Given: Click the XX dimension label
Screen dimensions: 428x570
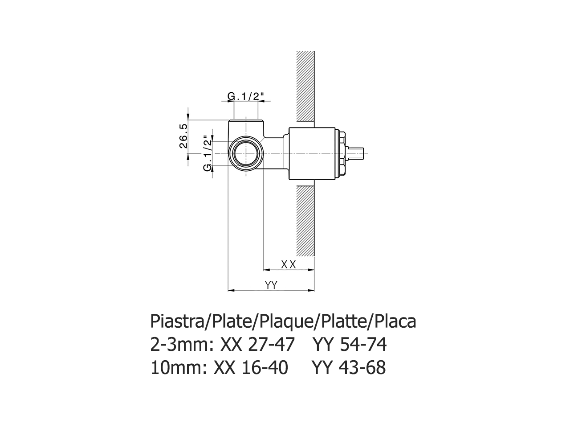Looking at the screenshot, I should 289,264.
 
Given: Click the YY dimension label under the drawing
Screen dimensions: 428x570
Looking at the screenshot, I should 271,285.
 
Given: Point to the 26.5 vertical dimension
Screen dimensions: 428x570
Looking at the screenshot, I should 183,137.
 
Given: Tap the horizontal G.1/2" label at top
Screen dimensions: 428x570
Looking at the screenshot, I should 246,96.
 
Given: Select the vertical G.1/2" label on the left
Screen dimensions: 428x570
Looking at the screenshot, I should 207,153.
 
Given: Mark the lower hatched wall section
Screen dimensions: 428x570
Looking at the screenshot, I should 305,221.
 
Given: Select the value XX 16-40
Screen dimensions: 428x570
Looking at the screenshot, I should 251,368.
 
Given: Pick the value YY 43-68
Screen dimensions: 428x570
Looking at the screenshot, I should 349,368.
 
